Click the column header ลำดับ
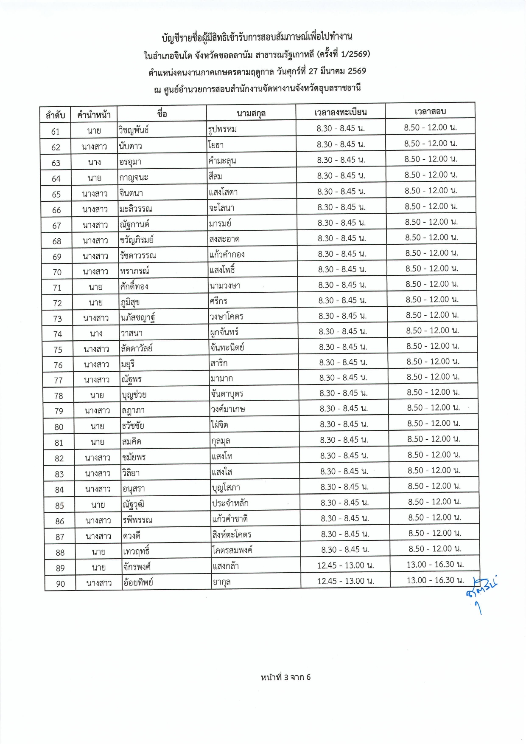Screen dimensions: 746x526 click(55, 115)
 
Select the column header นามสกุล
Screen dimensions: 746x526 click(251, 113)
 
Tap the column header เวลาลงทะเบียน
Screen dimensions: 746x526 click(341, 112)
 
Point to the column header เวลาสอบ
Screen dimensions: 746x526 click(430, 111)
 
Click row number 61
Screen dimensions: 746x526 click(56, 132)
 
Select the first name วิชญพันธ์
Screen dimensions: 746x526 click(134, 130)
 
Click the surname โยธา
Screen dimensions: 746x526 click(216, 145)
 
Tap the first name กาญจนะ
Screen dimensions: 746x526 click(134, 177)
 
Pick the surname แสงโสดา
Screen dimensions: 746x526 click(224, 192)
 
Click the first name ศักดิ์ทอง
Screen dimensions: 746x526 click(134, 286)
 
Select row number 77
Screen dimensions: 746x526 click(59, 380)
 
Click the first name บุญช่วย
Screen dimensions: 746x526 click(134, 395)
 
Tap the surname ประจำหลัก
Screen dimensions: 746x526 click(230, 503)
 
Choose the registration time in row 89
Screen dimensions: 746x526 click(345, 565)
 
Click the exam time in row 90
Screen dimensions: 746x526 click(435, 580)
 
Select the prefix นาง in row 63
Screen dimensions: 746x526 click(95, 162)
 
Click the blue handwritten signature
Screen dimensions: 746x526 click(481, 593)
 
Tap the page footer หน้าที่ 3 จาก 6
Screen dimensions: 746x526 click(285, 677)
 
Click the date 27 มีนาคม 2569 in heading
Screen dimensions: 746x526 click(337, 71)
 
